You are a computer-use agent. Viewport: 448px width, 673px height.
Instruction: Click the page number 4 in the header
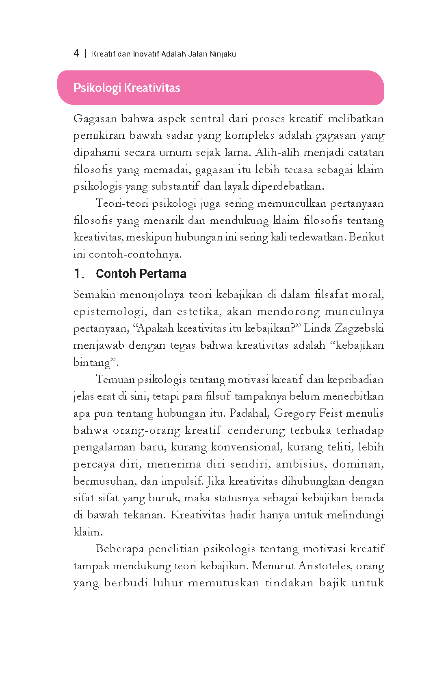[76, 53]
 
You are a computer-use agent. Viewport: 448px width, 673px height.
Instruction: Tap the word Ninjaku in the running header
[223, 54]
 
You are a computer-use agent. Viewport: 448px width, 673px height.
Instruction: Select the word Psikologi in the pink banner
[97, 88]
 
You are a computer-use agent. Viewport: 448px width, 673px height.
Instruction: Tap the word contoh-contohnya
[135, 254]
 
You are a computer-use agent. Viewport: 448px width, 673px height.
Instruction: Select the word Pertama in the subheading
[164, 274]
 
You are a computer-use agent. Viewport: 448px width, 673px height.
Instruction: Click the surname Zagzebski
[359, 328]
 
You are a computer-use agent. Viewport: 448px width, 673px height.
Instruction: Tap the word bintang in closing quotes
[93, 363]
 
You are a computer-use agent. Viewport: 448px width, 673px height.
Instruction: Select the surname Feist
[331, 413]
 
